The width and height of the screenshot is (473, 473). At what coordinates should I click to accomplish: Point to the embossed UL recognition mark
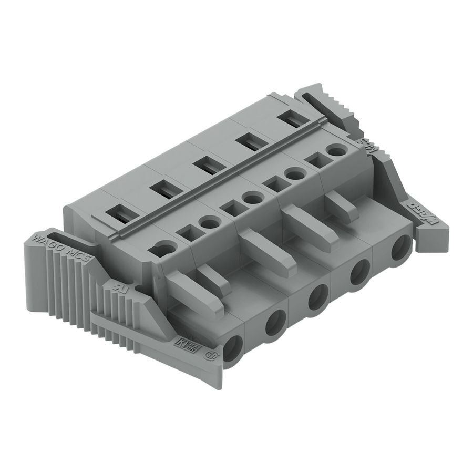[121, 287]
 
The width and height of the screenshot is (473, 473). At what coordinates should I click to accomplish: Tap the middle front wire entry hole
[318, 297]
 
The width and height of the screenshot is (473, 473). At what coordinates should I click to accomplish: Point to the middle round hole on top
[253, 198]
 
